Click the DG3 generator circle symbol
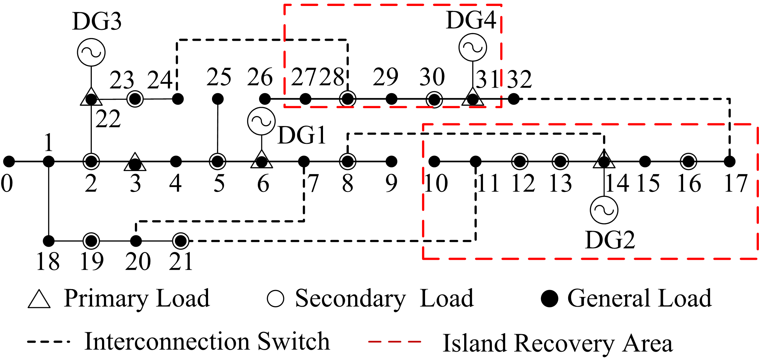[91, 52]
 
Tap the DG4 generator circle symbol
[473, 47]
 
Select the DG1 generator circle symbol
[261, 121]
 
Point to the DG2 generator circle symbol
[604, 210]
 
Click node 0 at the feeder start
[9, 161]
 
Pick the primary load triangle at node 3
[135, 162]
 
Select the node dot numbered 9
[391, 161]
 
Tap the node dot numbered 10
[434, 161]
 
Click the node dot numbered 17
[730, 161]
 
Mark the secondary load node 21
[181, 241]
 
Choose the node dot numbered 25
[218, 99]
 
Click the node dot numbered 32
[514, 99]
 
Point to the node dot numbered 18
[49, 241]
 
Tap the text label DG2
[610, 240]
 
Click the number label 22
[108, 119]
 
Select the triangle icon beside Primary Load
[39, 299]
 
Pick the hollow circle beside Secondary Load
[275, 299]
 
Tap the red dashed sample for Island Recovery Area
[395, 341]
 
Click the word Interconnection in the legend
[167, 341]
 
